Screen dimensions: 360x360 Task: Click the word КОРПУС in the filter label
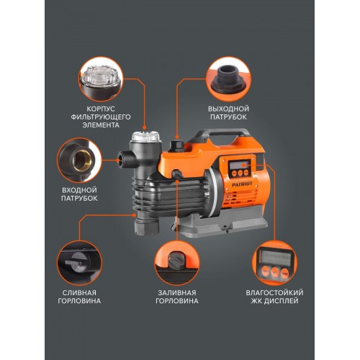101,109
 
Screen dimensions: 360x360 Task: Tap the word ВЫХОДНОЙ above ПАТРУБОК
228,109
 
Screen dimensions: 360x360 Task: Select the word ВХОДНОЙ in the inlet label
79,190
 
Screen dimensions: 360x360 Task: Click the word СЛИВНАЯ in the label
79,293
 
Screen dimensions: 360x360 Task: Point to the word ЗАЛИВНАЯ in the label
177,293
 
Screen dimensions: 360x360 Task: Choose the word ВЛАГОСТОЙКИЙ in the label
274,293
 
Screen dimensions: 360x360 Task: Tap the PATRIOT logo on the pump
242,184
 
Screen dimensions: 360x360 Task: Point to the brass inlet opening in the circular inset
82,159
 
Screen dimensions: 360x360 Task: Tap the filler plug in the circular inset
176,259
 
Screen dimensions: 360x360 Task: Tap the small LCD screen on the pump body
238,165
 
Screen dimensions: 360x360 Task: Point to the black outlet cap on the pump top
176,145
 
